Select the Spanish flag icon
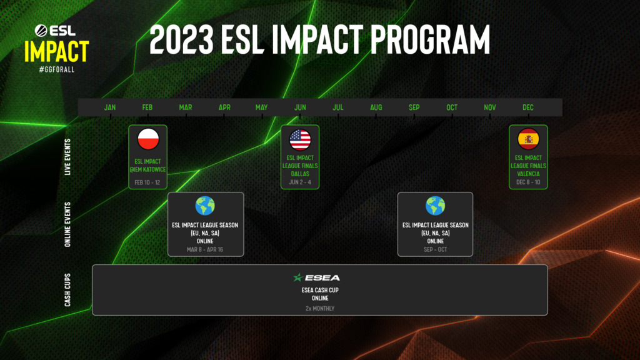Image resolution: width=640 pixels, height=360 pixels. click(528, 139)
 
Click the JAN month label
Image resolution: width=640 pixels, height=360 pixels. click(110, 107)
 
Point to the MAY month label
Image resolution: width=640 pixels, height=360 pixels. click(261, 107)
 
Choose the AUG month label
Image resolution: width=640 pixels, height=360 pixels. click(376, 107)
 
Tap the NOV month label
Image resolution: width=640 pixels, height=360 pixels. click(490, 107)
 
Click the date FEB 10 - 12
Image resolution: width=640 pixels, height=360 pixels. click(147, 182)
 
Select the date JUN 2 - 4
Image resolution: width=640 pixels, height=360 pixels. click(300, 182)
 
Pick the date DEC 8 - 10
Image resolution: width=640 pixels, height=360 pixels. click(528, 182)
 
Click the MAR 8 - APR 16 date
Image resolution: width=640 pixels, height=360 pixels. click(205, 249)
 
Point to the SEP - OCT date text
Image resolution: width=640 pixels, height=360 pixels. click(435, 249)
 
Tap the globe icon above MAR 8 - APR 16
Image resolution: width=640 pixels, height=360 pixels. click(205, 206)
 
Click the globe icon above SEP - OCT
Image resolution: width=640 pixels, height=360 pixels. click(435, 206)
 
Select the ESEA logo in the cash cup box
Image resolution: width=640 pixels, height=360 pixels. click(317, 277)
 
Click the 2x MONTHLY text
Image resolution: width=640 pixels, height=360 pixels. click(319, 308)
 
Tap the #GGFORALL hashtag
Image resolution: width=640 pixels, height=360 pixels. click(56, 69)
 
